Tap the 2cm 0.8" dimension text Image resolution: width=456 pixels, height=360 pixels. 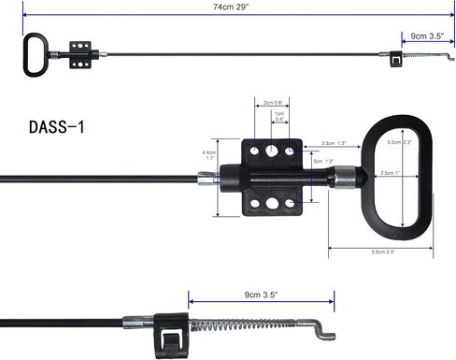tap(272, 103)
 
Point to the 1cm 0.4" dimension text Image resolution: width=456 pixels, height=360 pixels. tap(279, 117)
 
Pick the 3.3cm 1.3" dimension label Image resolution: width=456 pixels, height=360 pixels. tap(334, 143)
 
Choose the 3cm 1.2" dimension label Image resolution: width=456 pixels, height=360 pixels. tap(323, 160)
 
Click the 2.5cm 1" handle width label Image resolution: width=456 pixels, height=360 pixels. tap(392, 173)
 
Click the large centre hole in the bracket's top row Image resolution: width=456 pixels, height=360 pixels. tap(272, 150)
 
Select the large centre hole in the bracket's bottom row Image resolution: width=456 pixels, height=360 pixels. tap(272, 202)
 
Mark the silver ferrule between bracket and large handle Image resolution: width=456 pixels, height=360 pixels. tap(346, 176)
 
